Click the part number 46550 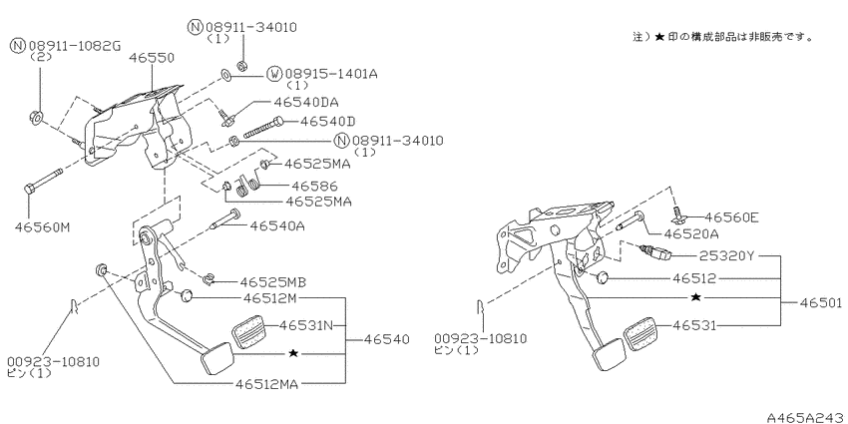pyautogui.click(x=152, y=58)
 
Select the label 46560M pyautogui.click(x=42, y=227)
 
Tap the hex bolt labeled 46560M pyautogui.click(x=43, y=182)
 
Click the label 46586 pyautogui.click(x=314, y=187)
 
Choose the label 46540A pyautogui.click(x=277, y=225)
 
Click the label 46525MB pyautogui.click(x=273, y=282)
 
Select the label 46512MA pyautogui.click(x=266, y=383)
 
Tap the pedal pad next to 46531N pyautogui.click(x=249, y=333)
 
